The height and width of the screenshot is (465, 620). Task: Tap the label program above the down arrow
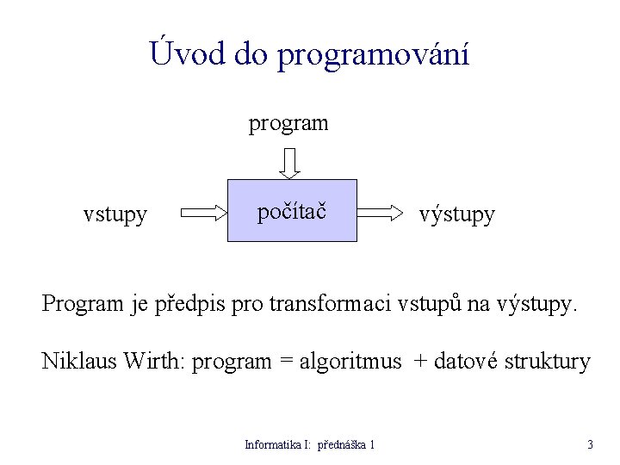(x=288, y=123)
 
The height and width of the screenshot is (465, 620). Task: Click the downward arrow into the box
(x=290, y=162)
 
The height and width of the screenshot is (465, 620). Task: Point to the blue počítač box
(x=292, y=211)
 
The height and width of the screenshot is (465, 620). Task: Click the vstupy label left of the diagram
(x=115, y=214)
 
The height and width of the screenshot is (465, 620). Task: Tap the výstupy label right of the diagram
(x=456, y=214)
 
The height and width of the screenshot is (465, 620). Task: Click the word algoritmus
(x=350, y=362)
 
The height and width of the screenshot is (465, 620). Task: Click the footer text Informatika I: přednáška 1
(x=310, y=445)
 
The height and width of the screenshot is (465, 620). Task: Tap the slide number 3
(x=590, y=445)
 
